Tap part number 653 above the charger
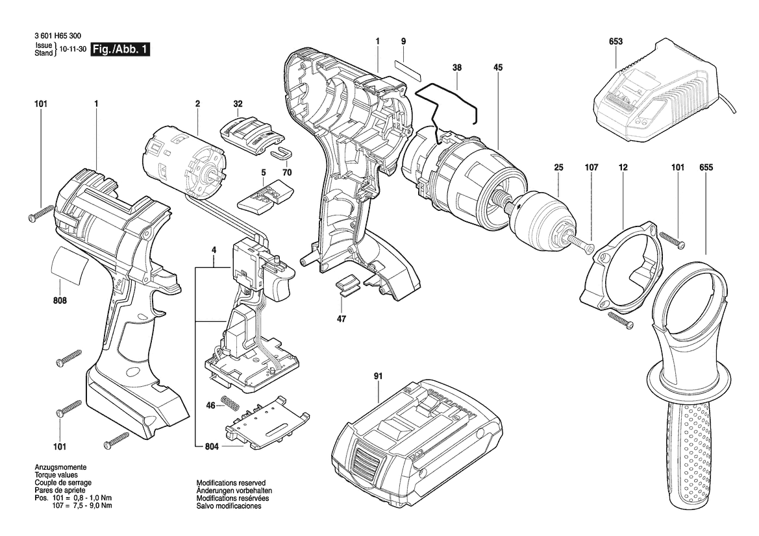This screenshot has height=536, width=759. (616, 42)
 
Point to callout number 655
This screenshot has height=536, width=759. (706, 167)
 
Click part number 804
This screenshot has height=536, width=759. (212, 446)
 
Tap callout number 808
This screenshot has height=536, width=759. (60, 300)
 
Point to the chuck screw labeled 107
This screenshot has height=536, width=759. (583, 242)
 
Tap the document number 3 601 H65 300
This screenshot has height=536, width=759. (58, 36)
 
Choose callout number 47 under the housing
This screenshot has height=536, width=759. (342, 319)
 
